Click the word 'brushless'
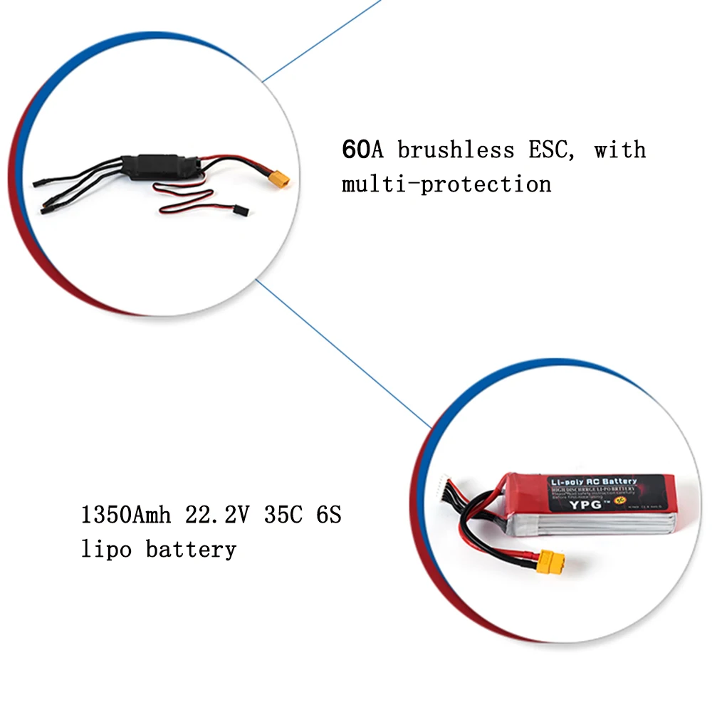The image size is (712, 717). (456, 150)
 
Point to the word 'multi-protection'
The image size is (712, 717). (446, 185)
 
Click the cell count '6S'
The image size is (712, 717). (327, 514)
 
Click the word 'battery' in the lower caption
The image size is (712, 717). (191, 550)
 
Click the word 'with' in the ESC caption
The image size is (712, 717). (620, 150)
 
